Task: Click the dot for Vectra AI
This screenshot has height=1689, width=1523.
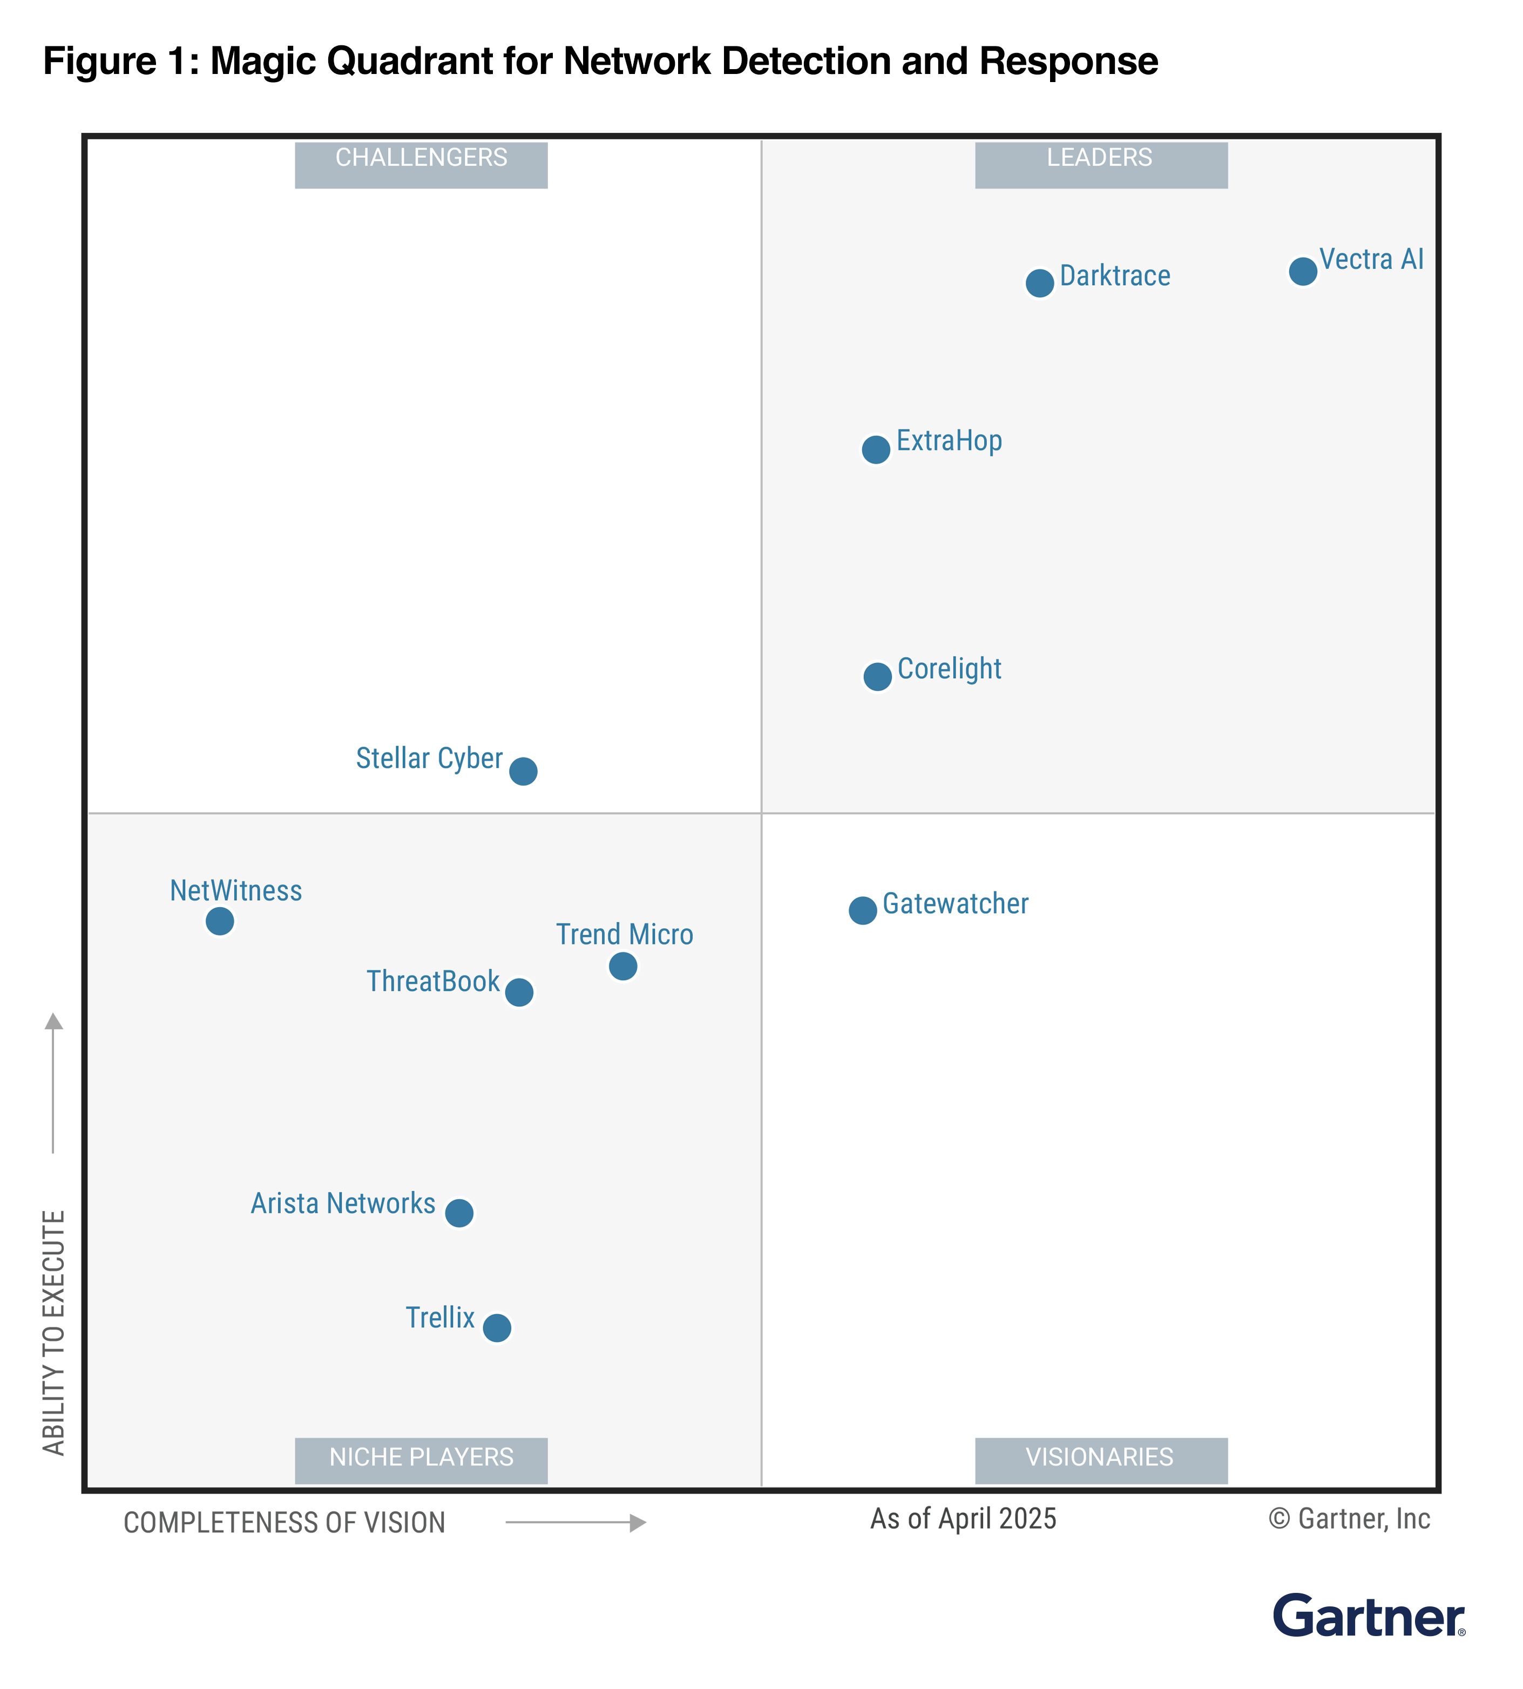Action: click(1303, 271)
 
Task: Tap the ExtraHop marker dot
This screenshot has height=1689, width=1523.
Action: click(876, 449)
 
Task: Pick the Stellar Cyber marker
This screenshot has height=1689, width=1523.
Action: click(523, 771)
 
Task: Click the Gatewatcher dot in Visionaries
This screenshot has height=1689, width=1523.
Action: click(863, 910)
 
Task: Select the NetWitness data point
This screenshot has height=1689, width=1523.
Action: click(220, 921)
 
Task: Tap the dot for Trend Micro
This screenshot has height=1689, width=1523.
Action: click(622, 966)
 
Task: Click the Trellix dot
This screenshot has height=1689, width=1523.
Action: click(497, 1327)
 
